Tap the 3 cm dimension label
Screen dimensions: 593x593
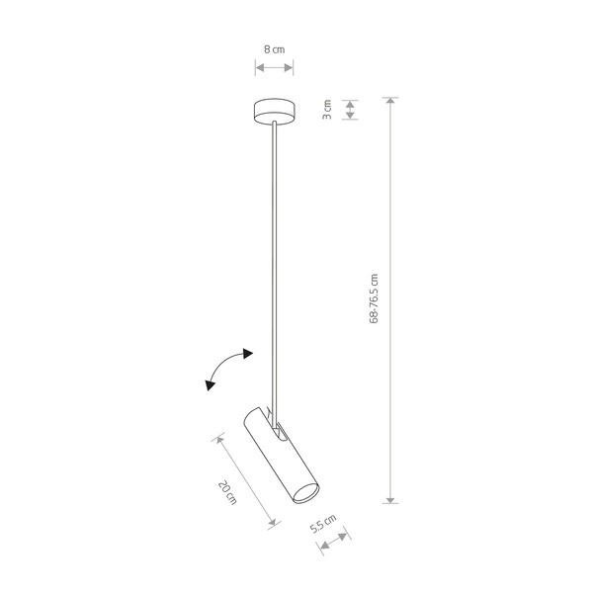point(326,109)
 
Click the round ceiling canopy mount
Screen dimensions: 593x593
point(274,111)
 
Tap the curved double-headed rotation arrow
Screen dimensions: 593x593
point(227,369)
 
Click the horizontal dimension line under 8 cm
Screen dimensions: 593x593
point(274,67)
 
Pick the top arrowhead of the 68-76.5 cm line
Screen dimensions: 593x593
point(392,102)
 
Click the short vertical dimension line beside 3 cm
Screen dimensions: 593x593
point(349,109)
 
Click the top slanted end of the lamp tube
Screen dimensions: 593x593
point(253,413)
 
